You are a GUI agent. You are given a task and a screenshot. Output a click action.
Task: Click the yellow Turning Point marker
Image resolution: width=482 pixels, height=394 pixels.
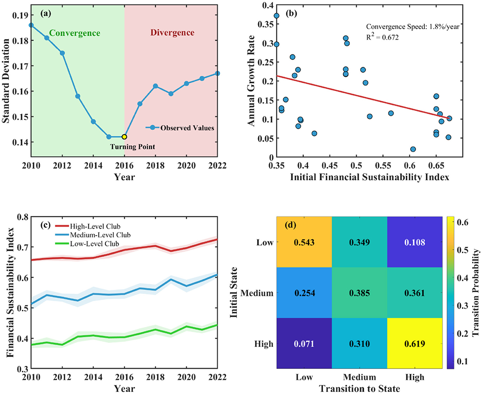tap(124, 136)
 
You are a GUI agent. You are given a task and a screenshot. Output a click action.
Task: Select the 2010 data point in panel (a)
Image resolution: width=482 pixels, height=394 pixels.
tap(31, 25)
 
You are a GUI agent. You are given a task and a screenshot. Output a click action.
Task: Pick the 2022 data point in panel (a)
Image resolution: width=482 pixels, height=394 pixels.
tap(218, 73)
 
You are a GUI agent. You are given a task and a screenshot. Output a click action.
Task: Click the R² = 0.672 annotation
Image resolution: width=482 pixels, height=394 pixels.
tap(382, 37)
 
